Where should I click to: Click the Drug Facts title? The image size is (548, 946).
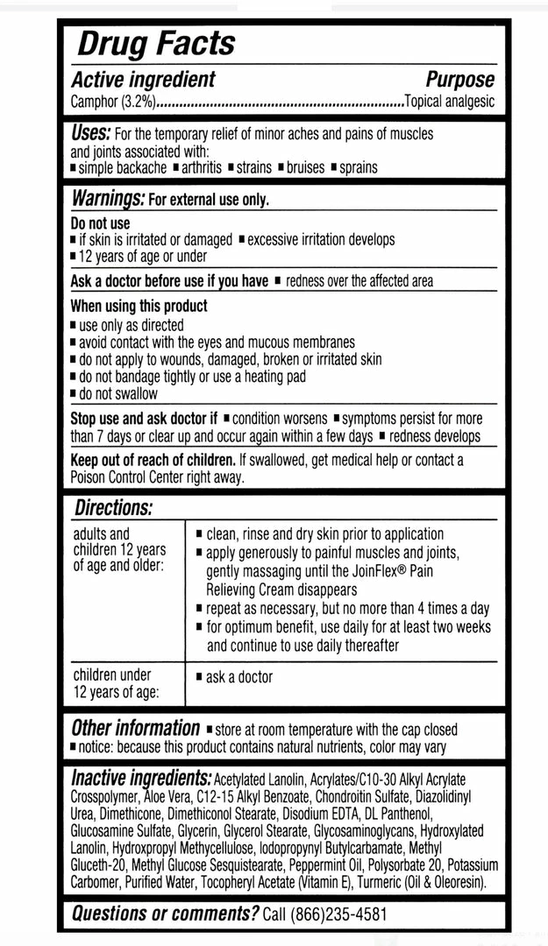click(x=155, y=43)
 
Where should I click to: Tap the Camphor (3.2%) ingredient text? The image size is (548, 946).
click(x=113, y=102)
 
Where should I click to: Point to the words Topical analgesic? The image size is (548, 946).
click(x=449, y=102)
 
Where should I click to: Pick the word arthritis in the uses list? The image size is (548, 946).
click(x=201, y=167)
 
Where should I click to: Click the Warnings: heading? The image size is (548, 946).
click(x=107, y=199)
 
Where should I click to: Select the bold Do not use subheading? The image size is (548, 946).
click(x=100, y=223)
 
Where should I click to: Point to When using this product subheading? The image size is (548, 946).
click(x=139, y=307)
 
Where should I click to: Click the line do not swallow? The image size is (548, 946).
click(x=118, y=393)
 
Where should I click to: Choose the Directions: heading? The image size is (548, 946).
click(x=113, y=508)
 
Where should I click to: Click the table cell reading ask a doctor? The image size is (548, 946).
click(x=238, y=677)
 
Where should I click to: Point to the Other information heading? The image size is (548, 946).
click(x=135, y=729)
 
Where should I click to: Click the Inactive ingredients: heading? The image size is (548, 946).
click(x=141, y=779)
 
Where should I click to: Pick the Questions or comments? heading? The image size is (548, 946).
click(x=165, y=914)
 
